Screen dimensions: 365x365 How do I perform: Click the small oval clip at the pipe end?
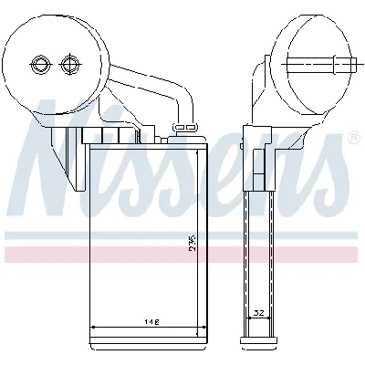click(x=187, y=127)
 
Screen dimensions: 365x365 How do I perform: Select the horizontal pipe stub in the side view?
click(x=315, y=64)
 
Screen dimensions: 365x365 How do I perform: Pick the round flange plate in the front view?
click(x=55, y=64)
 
